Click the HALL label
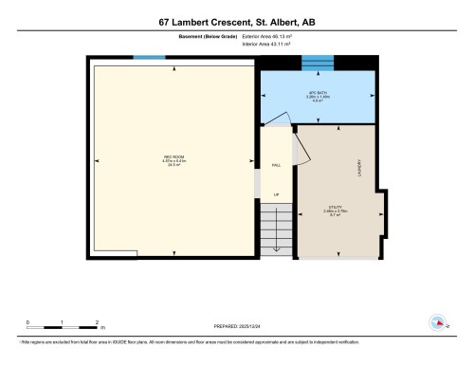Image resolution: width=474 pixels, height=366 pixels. (x=277, y=165)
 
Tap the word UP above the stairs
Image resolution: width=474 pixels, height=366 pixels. (x=277, y=196)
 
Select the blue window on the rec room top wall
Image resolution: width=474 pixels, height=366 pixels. (x=149, y=59)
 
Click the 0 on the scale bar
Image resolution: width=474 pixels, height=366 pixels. (x=27, y=322)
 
